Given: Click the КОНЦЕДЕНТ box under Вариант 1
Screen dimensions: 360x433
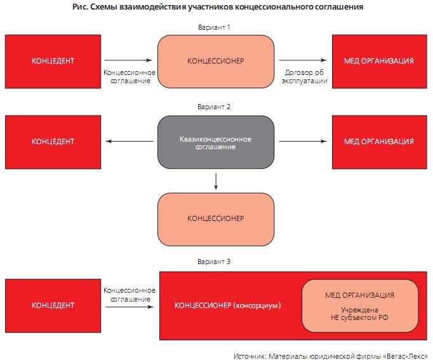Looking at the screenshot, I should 53,61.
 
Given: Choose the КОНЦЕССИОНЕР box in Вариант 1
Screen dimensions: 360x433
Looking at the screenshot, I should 216,61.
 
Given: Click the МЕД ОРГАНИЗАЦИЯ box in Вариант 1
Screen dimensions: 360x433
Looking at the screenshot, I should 379,61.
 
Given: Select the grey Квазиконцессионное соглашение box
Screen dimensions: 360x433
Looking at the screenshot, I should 216,142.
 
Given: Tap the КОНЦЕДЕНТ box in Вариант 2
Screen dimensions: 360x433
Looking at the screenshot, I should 53,141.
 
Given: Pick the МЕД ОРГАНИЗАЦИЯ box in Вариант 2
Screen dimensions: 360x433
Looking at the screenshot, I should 379,141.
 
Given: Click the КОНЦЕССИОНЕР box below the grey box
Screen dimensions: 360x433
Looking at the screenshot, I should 216,218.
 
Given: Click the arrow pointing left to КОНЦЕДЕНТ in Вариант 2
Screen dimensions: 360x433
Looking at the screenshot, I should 130,141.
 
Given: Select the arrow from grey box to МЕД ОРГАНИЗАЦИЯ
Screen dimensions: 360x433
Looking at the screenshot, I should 302,141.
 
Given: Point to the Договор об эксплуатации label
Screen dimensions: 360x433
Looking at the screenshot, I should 305,77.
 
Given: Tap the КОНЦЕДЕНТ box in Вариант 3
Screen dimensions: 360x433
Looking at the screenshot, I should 53,305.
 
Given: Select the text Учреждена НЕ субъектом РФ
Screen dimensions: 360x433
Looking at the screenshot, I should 359,314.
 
